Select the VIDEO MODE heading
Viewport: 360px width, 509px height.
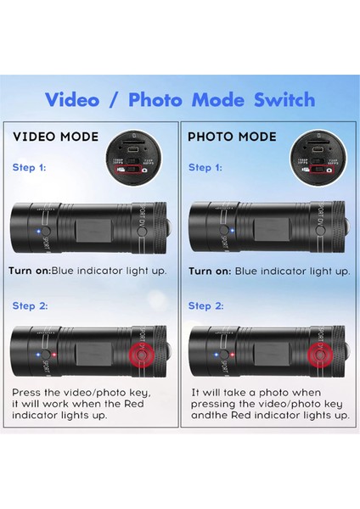(x=55, y=136)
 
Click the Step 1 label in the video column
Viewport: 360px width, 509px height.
(x=31, y=168)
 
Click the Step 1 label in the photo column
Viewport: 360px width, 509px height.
(x=205, y=168)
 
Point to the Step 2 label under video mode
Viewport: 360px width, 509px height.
(x=31, y=305)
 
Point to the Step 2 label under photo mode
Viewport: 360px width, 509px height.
(x=205, y=305)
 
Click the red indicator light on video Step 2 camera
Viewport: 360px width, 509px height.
(x=55, y=355)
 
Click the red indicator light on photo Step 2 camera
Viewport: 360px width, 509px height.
(x=230, y=355)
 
